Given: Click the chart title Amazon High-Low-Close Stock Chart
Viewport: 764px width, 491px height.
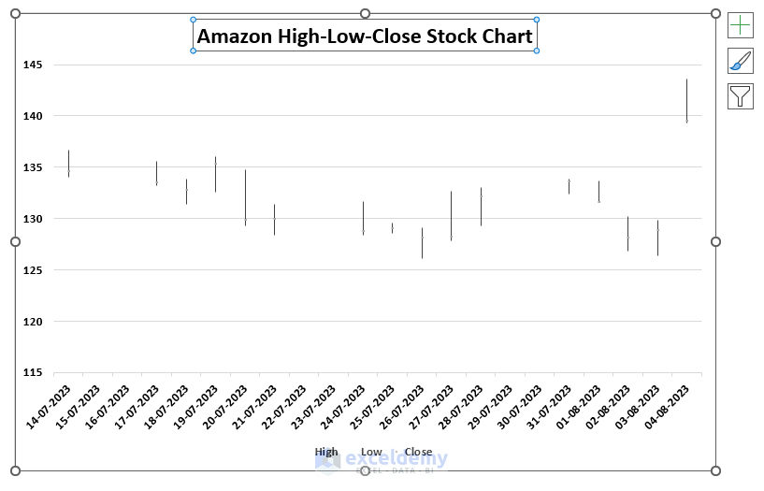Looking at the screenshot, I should click(x=365, y=36).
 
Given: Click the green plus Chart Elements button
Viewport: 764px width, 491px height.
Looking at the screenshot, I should click(x=740, y=25).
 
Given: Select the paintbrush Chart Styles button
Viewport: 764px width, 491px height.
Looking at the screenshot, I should click(x=740, y=61).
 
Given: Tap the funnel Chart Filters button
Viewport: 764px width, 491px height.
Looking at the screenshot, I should click(x=740, y=95).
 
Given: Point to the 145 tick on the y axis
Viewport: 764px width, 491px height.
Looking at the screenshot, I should click(x=33, y=65).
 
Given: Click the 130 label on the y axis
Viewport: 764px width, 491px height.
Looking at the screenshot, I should click(x=33, y=219).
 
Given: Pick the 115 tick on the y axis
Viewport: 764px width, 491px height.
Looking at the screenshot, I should click(x=33, y=372).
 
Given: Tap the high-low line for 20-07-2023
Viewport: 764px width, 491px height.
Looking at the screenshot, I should click(x=245, y=196).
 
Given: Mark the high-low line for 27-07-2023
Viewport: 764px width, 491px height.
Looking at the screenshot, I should click(x=451, y=216).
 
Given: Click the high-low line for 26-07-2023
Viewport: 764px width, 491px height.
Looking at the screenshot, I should click(x=422, y=243).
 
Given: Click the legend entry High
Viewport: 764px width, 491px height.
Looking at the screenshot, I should click(x=326, y=452).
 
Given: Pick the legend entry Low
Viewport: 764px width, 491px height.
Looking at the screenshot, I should click(x=371, y=452).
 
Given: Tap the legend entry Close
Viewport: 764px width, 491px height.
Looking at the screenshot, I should click(x=418, y=452).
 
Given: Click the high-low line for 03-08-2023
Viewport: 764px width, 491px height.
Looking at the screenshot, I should click(x=657, y=238).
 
